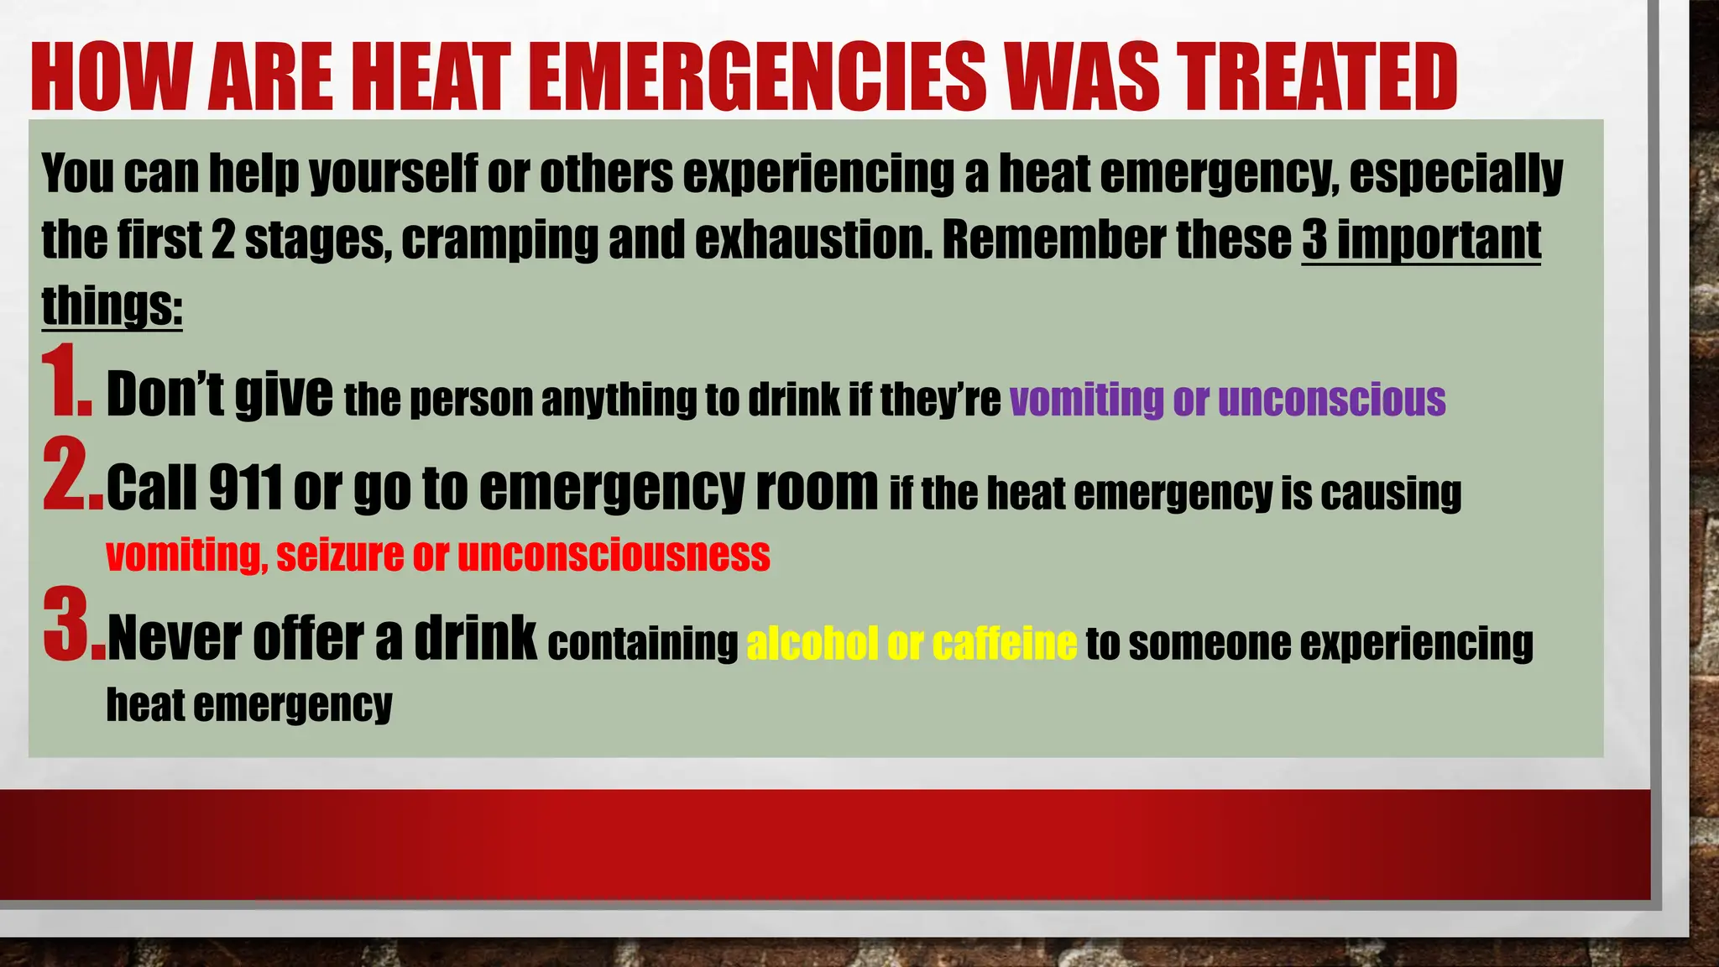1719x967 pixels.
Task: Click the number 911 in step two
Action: [244, 488]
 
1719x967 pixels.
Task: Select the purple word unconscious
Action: [1331, 400]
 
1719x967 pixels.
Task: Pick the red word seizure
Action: [340, 556]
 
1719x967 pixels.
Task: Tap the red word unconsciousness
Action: [614, 556]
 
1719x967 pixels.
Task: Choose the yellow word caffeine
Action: [1004, 644]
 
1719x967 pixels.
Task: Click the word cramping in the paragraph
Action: [499, 240]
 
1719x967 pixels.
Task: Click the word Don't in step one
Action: [165, 395]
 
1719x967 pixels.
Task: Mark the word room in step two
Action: [817, 488]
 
